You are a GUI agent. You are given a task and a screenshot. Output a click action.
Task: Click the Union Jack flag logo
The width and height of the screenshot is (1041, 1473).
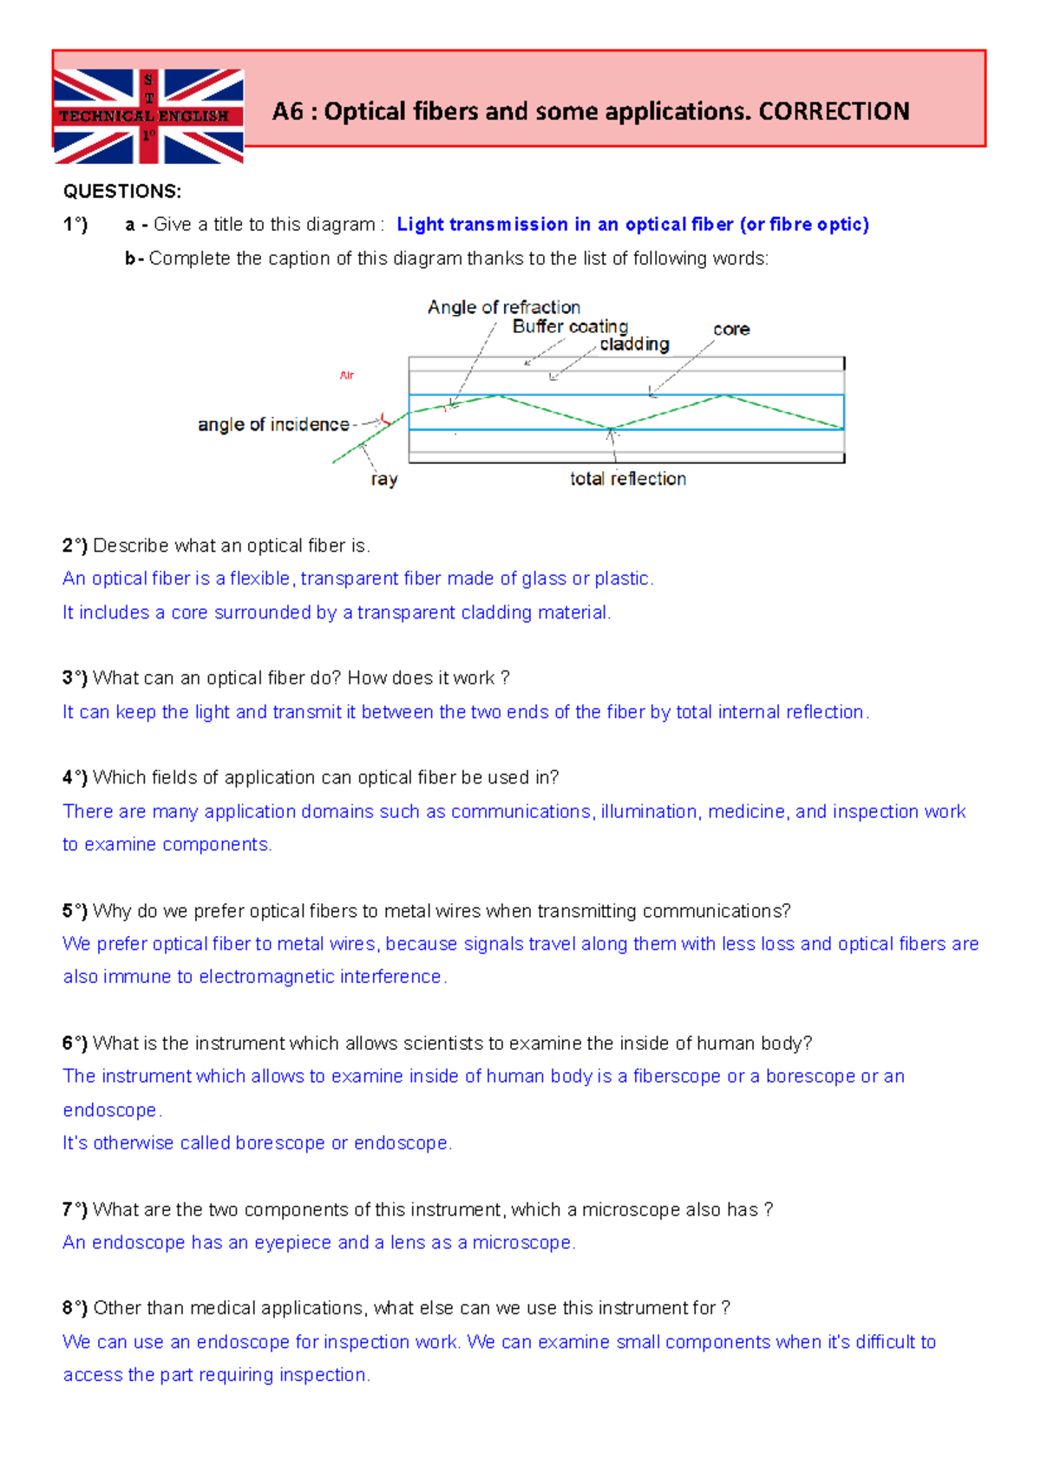click(148, 116)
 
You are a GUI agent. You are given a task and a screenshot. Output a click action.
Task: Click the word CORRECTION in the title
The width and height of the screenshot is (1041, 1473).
click(834, 112)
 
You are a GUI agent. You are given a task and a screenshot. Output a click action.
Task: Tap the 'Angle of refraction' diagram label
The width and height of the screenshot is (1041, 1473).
click(504, 307)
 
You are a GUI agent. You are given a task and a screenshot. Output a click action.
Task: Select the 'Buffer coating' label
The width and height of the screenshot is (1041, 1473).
click(570, 326)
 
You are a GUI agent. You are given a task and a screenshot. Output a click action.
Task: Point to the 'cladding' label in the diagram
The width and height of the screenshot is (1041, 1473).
click(634, 344)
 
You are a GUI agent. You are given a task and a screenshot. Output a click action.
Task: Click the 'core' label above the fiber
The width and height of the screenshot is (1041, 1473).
click(731, 330)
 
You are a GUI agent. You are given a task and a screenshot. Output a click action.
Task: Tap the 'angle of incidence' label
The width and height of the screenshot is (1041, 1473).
click(273, 424)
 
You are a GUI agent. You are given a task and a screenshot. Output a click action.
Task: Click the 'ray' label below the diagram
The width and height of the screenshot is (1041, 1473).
click(383, 479)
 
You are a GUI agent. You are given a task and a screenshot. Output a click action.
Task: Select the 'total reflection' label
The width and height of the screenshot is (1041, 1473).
click(627, 479)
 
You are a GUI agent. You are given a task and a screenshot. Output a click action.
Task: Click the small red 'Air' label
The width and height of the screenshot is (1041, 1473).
click(347, 376)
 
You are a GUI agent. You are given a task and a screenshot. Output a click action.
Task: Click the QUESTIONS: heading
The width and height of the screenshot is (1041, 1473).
click(122, 192)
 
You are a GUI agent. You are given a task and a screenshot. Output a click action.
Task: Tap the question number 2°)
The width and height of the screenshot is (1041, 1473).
click(75, 546)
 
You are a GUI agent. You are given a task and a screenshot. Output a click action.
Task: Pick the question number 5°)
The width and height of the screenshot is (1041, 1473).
click(75, 911)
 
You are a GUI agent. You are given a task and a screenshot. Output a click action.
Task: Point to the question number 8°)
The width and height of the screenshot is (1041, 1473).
click(75, 1308)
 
